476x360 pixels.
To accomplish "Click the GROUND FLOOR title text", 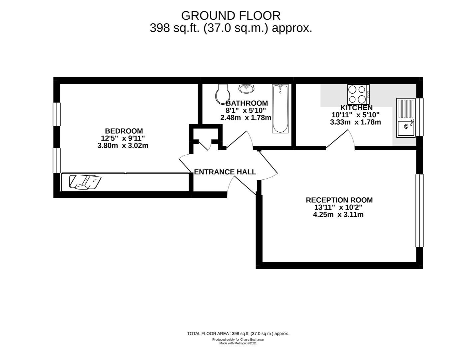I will (231, 16).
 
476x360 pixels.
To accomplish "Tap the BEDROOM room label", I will (124, 131).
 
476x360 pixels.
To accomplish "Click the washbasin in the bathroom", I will (246, 88).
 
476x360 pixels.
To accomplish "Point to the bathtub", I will (280, 109).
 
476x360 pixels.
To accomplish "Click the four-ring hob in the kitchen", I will (358, 94).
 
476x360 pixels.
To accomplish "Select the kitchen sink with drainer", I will (406, 117).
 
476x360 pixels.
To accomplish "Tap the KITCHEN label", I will (356, 108).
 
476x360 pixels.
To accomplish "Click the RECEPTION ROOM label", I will (339, 200).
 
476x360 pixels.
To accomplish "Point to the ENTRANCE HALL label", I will (225, 172).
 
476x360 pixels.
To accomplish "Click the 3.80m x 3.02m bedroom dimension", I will (123, 146).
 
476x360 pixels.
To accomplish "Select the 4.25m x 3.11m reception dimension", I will (338, 215).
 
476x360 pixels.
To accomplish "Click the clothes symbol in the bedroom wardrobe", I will (85, 182).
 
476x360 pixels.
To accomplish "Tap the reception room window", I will (419, 210).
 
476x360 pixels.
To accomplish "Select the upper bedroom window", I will (57, 114).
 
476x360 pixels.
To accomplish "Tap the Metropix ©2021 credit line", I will (238, 343).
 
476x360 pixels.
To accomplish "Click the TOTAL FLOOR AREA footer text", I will (238, 333).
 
